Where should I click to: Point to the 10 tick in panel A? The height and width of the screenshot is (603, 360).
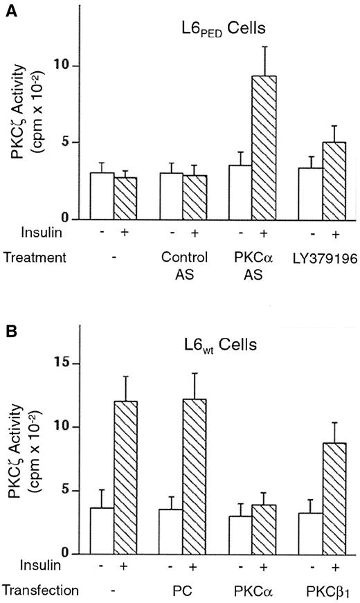coord(69,66)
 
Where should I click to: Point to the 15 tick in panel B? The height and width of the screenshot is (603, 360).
coord(69,364)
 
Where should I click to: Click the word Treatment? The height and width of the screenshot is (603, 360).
coord(34,257)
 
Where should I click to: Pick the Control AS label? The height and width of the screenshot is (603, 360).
coord(182,264)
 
